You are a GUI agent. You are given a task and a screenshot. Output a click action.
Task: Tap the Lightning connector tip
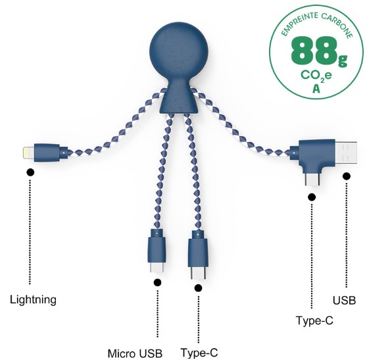click(28, 153)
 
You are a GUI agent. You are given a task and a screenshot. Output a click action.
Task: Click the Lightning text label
click(33, 299)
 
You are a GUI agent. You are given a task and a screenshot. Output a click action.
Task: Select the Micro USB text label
click(135, 353)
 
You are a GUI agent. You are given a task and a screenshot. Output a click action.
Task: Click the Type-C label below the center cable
click(199, 353)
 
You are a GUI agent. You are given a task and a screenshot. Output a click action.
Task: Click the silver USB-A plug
click(346, 153)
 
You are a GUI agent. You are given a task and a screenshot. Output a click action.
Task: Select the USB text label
click(344, 300)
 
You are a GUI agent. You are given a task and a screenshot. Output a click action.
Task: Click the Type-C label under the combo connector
click(314, 320)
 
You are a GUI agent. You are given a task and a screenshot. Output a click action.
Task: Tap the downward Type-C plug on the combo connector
click(312, 180)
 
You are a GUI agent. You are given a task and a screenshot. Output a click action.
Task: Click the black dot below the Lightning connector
click(31, 172)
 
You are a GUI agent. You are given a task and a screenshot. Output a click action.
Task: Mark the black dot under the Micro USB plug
click(157, 282)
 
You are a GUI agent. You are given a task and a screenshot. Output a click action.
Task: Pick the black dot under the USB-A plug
click(347, 176)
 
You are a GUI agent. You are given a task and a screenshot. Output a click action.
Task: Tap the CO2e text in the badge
click(316, 76)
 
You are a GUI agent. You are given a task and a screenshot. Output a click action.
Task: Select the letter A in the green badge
click(316, 88)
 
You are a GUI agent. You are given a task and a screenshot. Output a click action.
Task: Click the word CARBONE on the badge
click(337, 24)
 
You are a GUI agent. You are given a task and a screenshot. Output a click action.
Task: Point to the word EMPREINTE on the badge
click(299, 24)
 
